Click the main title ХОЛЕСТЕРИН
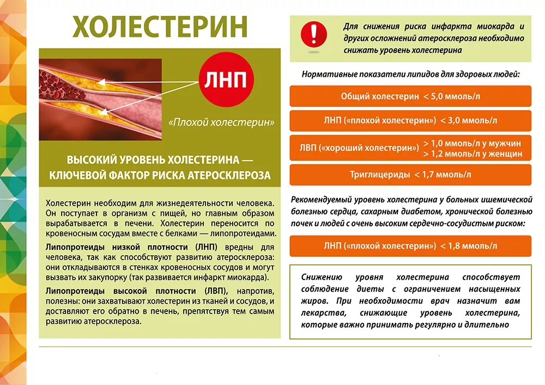pos(160,27)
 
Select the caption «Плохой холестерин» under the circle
pos(221,122)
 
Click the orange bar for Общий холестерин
pos(410,97)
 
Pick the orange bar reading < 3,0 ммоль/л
pos(410,121)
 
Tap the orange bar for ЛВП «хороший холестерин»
pos(410,148)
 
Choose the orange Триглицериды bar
pos(410,175)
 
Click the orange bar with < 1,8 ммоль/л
pos(410,246)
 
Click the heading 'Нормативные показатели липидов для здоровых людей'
pos(410,74)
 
